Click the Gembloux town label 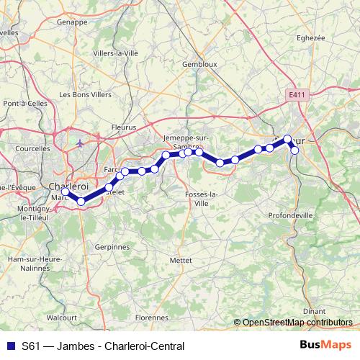(199, 64)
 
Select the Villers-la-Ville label (115, 53)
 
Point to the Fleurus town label (125, 127)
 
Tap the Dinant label (314, 311)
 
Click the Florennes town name (151, 316)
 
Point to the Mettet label (180, 259)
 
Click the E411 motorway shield (294, 94)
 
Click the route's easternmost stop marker (294, 150)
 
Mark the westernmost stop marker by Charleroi (66, 192)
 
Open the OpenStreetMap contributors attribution (297, 323)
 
